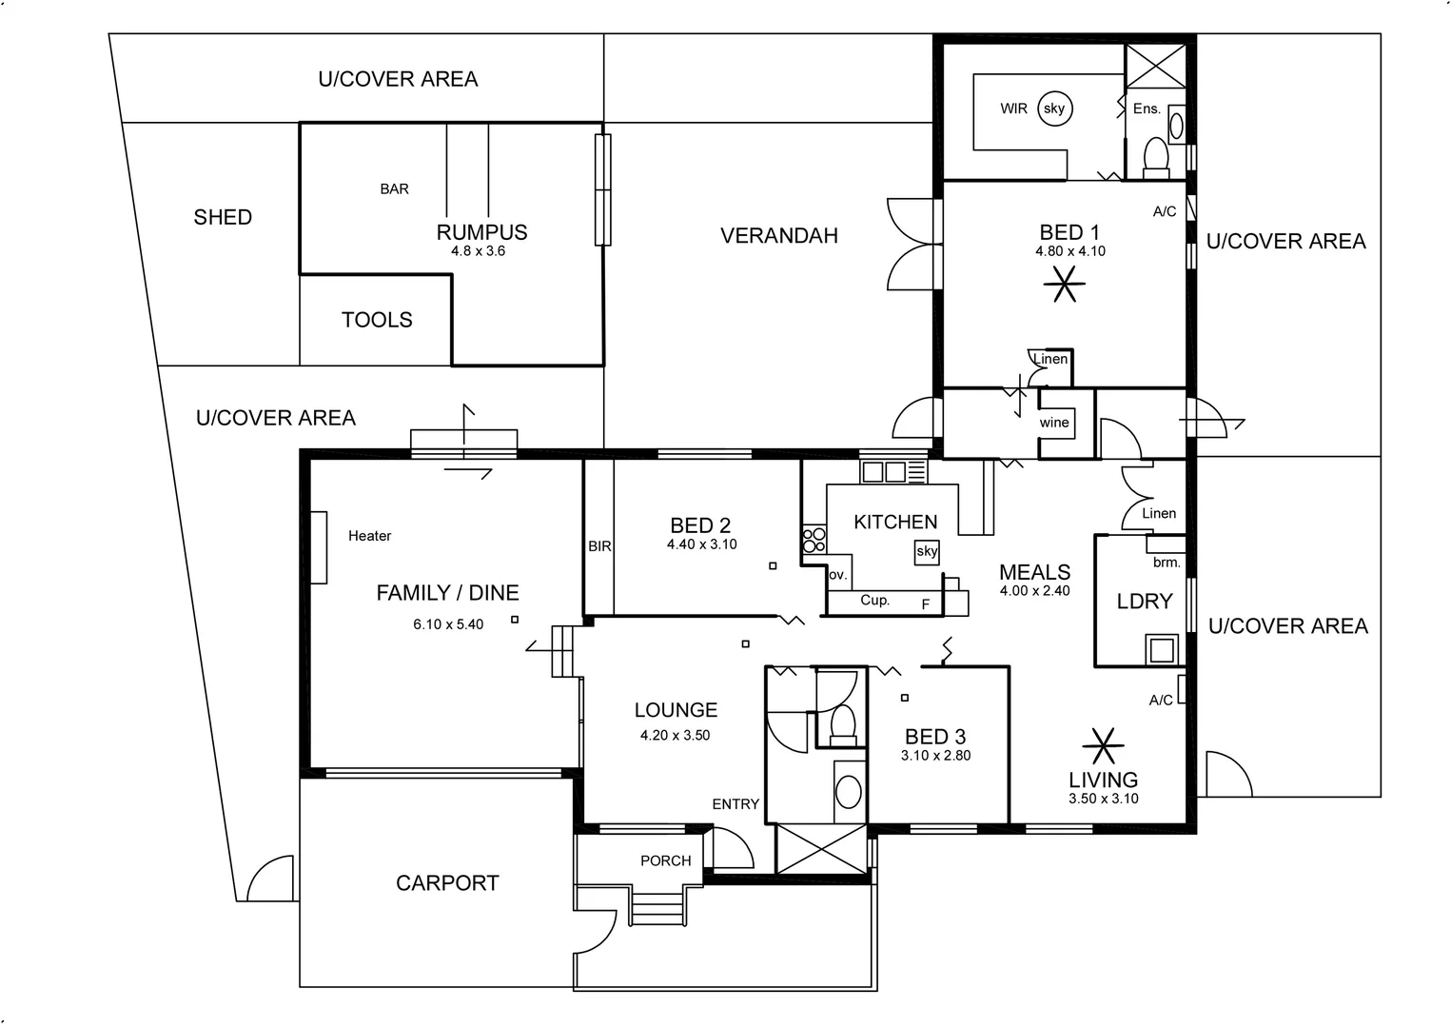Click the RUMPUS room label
tap(481, 232)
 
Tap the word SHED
tap(223, 217)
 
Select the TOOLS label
tap(377, 320)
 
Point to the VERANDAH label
tap(778, 236)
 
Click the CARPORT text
tap(447, 883)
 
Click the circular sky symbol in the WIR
tap(1053, 109)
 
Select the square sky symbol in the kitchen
tap(927, 551)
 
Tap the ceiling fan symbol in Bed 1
tap(1064, 283)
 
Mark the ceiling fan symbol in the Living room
tap(1103, 746)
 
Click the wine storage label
tap(1054, 423)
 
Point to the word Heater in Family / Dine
tap(369, 536)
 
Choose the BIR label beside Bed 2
tap(599, 546)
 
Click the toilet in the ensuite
tap(1155, 157)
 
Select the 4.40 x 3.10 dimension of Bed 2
tap(701, 544)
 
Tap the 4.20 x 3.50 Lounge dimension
tap(675, 735)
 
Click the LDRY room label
tap(1144, 602)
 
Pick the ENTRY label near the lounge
tap(735, 804)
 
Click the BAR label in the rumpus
tap(394, 189)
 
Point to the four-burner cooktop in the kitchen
tap(814, 540)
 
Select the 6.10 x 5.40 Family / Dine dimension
tap(447, 624)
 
